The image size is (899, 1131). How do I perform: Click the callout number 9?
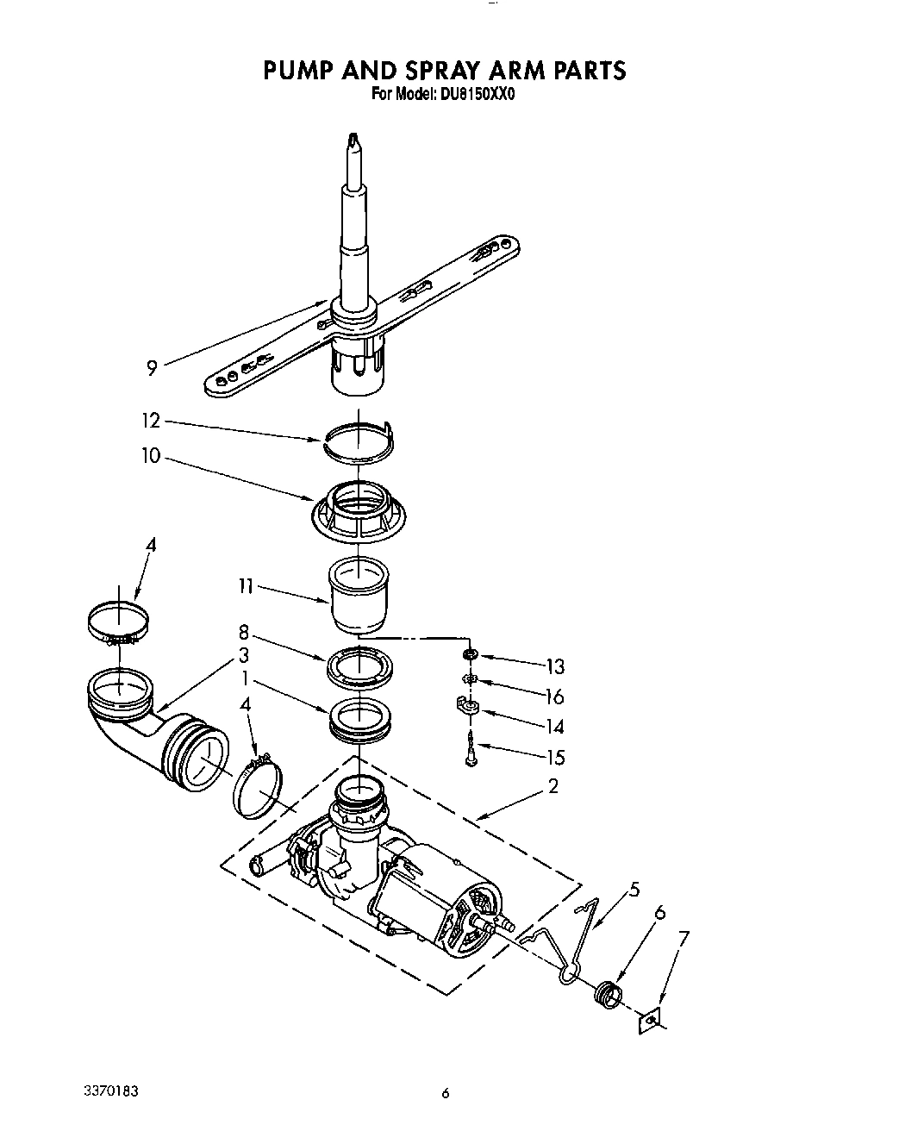[152, 369]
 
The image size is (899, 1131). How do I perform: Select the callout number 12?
[151, 421]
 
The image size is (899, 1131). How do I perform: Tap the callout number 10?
[151, 456]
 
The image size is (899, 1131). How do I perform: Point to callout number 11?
[246, 587]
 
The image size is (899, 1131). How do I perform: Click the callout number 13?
[554, 666]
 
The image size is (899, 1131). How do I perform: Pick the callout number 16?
[554, 697]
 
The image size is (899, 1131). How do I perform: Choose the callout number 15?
[554, 758]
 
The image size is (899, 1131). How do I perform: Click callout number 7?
[683, 937]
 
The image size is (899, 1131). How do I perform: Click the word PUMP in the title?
[302, 70]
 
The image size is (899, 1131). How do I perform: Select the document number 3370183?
[100, 1091]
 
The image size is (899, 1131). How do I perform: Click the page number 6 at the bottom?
[446, 1095]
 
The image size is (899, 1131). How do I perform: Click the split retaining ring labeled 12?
[357, 440]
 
